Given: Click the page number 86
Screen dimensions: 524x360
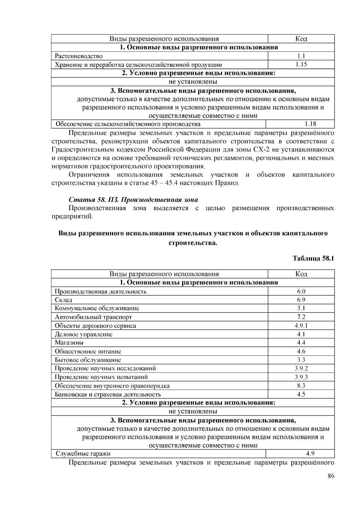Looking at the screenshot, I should (331, 476).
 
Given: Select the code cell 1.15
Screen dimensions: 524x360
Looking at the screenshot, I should (301, 64).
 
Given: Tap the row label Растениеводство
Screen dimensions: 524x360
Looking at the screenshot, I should (79, 56).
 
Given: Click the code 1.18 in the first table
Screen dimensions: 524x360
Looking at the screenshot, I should (310, 124).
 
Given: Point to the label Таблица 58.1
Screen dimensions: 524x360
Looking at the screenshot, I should (313, 258).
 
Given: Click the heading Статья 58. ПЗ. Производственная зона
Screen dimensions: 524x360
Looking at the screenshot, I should (133, 200).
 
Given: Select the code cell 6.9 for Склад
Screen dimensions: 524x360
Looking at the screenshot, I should (301, 300).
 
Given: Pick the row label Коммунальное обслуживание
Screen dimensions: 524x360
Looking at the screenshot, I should (97, 308).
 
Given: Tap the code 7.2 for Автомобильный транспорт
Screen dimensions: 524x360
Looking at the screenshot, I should (301, 317).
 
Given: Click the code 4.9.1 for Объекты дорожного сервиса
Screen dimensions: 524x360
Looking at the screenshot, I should (301, 326).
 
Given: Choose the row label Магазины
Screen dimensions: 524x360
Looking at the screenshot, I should (69, 343).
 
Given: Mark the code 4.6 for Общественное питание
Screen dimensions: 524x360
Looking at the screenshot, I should (301, 351).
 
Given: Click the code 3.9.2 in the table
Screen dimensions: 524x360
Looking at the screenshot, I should (301, 368).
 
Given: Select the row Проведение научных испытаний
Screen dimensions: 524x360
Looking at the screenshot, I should (101, 377).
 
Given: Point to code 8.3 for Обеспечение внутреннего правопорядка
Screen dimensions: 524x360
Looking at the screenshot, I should (301, 386).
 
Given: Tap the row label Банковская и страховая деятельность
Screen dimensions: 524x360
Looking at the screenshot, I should (108, 394).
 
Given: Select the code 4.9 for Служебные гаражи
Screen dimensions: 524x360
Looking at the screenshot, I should (310, 454).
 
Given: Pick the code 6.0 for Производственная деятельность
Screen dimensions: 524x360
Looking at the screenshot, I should (301, 291).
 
